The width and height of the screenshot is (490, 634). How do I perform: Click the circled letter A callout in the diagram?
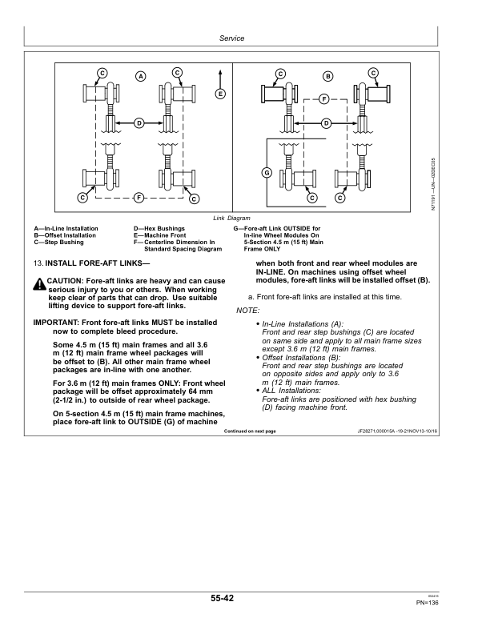140,77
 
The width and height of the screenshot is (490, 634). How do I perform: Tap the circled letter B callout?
327,77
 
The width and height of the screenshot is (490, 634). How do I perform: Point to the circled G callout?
267,174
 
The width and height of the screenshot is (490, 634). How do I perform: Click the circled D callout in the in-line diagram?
139,122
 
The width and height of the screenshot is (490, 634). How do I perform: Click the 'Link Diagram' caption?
231,218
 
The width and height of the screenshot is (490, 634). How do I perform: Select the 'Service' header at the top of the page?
231,38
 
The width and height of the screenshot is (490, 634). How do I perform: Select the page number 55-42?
233,598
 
